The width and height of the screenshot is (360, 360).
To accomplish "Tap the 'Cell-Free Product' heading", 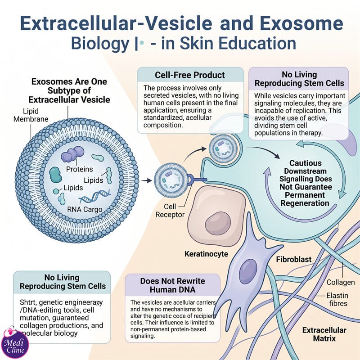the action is [x=190, y=75].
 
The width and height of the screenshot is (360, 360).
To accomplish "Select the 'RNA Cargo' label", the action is [x=85, y=209].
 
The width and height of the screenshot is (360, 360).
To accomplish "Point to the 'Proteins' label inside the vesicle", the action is [x=80, y=169].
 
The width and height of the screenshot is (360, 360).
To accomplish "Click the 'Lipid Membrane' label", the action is [x=31, y=115].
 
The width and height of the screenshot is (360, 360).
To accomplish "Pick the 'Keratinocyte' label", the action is [x=206, y=254].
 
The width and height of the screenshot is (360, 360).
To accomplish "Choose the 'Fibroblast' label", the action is [x=294, y=260].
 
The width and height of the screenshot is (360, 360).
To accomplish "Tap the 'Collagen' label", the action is [x=341, y=282].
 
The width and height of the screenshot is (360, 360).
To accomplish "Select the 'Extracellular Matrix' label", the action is [x=324, y=334].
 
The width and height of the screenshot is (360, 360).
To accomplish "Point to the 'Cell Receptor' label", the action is [x=170, y=211].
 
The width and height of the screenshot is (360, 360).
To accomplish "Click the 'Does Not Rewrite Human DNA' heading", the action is [x=173, y=285].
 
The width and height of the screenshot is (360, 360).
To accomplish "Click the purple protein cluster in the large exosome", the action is [x=72, y=154].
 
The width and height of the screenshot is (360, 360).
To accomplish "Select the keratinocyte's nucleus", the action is [x=218, y=223].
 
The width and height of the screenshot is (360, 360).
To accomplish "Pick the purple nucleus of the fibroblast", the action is [x=248, y=271].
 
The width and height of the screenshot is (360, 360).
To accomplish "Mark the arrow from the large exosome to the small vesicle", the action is [x=146, y=181].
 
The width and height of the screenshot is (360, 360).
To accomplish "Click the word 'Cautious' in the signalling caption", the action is [x=306, y=163].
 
